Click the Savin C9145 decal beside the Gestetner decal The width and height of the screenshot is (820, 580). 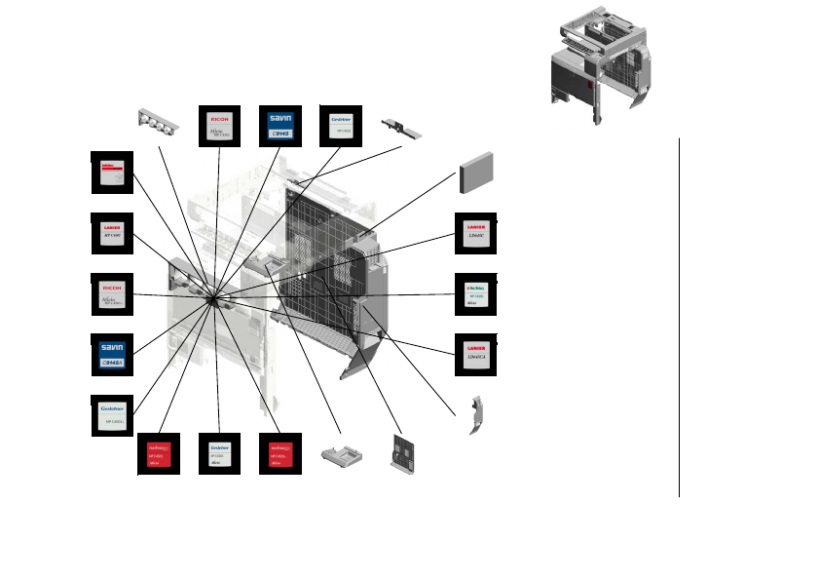pyautogui.click(x=280, y=126)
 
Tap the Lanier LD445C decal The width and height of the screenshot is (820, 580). pyautogui.click(x=477, y=233)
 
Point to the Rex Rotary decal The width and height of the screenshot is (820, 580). pyautogui.click(x=477, y=294)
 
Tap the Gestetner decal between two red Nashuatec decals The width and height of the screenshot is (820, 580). pyautogui.click(x=219, y=453)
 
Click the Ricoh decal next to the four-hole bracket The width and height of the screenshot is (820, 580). pyautogui.click(x=219, y=126)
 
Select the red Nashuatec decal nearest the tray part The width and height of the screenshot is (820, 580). pyautogui.click(x=280, y=453)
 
